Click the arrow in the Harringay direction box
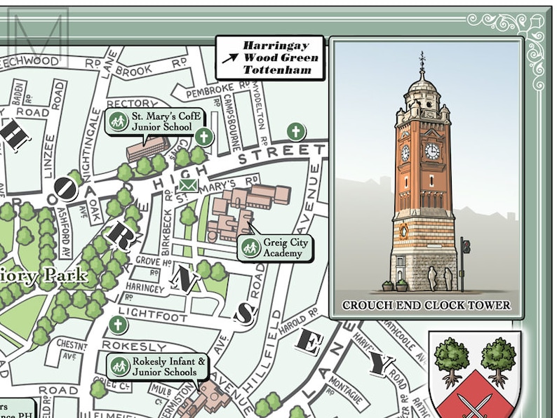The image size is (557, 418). click(x=229, y=58)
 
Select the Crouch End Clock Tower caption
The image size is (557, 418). click(x=426, y=305)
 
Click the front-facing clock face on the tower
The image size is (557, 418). click(x=432, y=151)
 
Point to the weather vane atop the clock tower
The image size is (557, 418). click(x=422, y=59)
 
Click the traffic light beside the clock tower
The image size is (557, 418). click(x=465, y=246)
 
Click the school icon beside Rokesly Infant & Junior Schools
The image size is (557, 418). click(x=120, y=366)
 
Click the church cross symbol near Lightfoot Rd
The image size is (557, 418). click(x=119, y=325)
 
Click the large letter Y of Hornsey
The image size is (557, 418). click(x=381, y=365)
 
